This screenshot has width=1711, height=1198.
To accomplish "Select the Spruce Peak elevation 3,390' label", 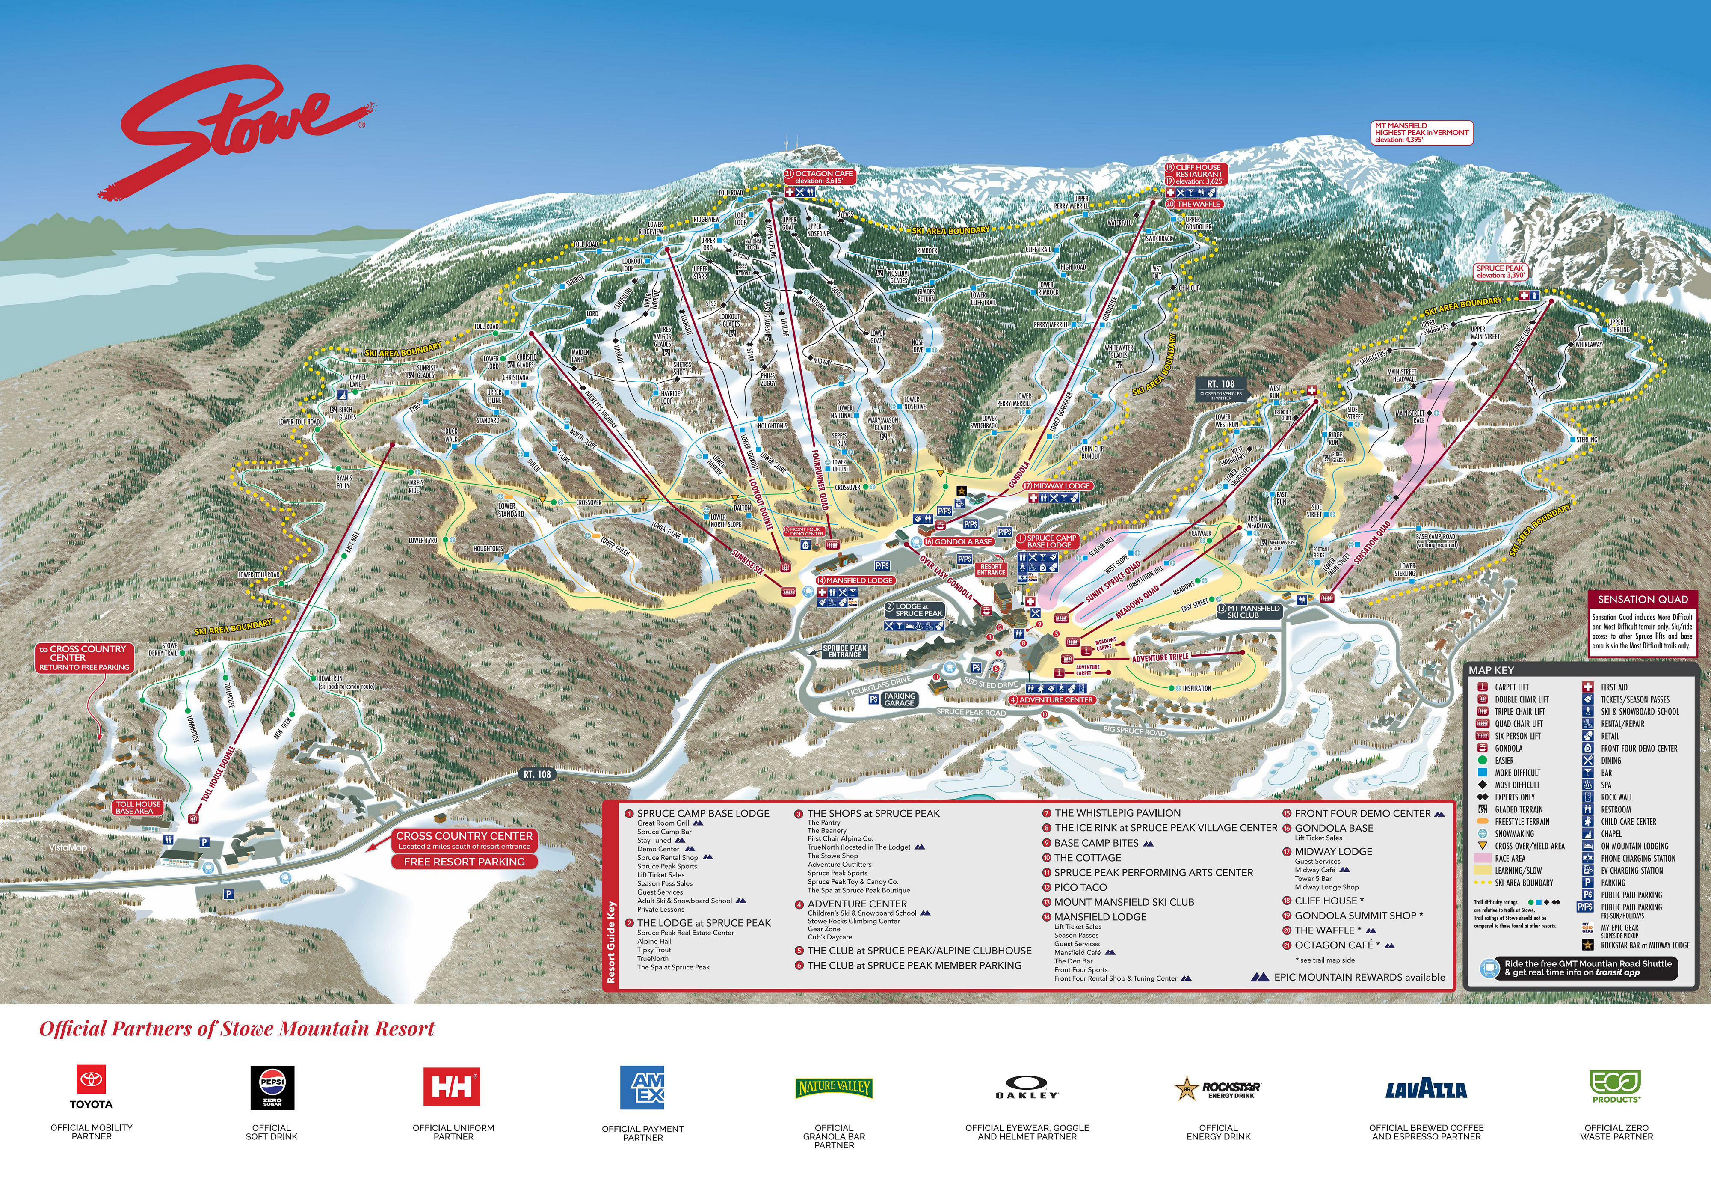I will coord(1500,271).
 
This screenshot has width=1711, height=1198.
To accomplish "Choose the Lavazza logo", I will coord(1426,1090).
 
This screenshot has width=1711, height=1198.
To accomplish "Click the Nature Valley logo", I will coord(834,1088).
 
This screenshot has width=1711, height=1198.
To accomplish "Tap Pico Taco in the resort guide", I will coord(1080,887).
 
